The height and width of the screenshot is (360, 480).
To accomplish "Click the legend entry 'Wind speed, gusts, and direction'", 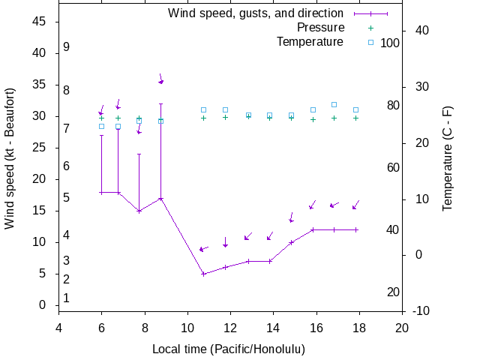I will pos(255,13).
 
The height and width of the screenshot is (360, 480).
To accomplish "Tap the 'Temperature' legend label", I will pos(310,42).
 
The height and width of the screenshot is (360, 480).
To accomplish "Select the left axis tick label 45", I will pos(40,22).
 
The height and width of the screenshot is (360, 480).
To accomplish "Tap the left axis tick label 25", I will pos(40,148).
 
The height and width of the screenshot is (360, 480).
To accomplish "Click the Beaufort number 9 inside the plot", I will pos(67,46).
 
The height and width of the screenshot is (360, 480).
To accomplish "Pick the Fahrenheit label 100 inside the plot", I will pos(390,43).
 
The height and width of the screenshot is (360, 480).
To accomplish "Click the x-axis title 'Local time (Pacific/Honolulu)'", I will pos(229,349).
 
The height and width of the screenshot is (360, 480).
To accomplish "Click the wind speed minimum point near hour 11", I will pos(203,274).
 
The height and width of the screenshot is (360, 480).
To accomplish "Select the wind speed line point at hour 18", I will pos(356,229).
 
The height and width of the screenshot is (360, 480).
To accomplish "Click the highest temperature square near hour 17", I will pos(334,105).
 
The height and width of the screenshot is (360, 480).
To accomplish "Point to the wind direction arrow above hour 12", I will pos(225,242).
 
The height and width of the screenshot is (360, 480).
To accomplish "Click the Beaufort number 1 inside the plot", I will pos(67,298).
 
